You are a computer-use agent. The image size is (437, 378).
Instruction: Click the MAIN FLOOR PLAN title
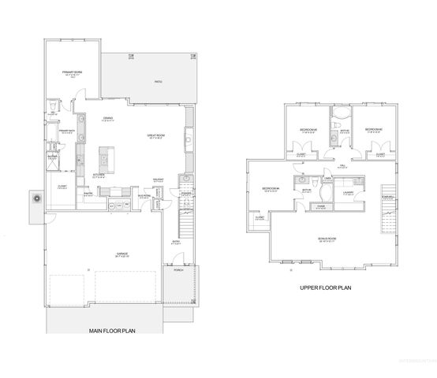111,331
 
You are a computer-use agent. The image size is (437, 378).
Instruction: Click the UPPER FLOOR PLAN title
326,288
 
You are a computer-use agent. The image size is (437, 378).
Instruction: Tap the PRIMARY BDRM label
73,72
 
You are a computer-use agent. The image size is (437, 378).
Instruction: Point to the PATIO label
159,80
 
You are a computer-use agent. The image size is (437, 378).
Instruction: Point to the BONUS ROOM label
327,239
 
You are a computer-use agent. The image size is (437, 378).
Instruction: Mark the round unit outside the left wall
37,199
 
